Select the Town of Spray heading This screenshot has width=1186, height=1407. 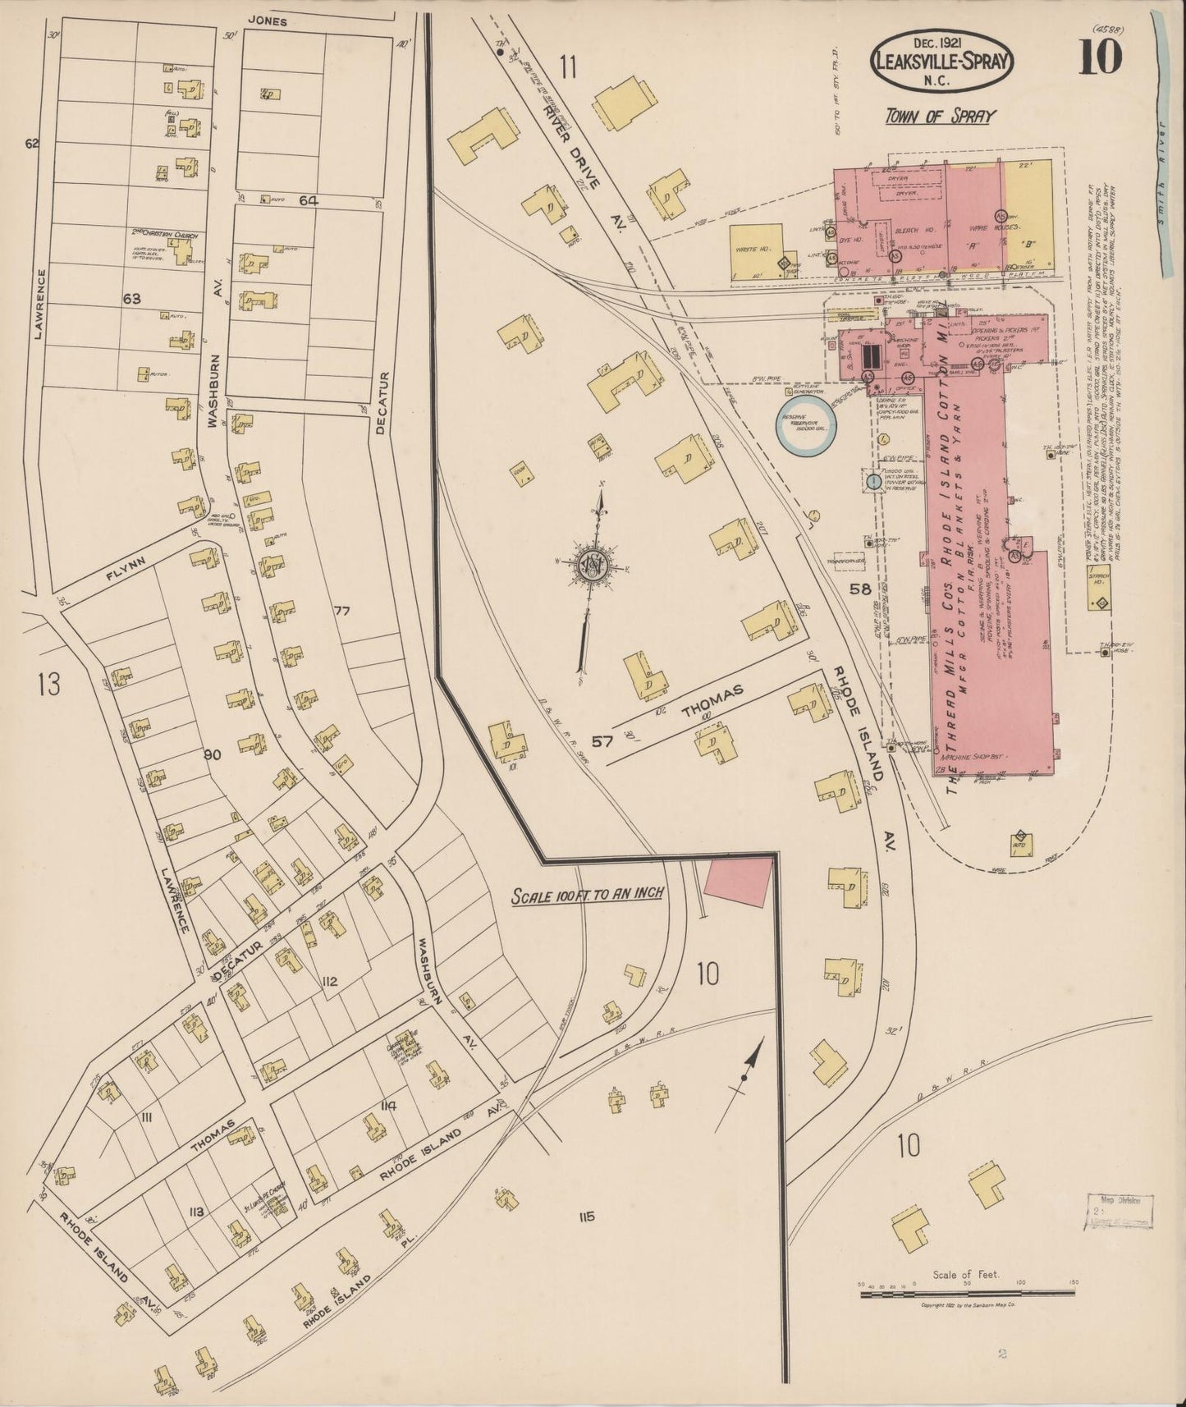939,116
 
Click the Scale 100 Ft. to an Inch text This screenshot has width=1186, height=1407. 587,894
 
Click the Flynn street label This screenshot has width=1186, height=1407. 126,566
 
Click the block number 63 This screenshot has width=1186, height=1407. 132,298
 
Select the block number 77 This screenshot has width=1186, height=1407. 342,611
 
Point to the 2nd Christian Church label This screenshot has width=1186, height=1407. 165,235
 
